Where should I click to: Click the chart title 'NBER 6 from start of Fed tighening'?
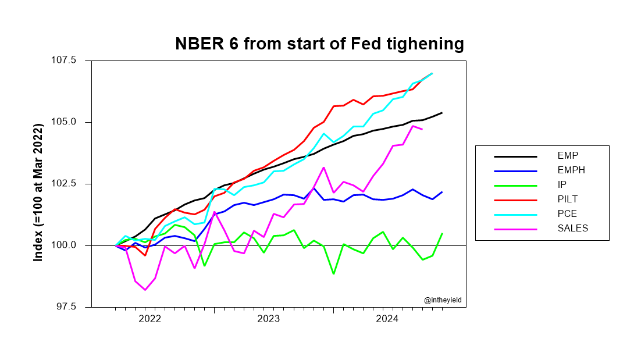click(320, 44)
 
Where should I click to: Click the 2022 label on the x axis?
click(149, 319)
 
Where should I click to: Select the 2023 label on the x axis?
click(269, 319)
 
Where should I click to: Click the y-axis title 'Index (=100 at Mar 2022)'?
click(38, 184)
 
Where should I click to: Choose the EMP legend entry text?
click(567, 155)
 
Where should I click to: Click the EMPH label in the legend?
click(570, 170)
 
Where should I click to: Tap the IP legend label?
click(562, 184)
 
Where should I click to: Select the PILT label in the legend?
click(567, 199)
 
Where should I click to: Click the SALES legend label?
click(572, 228)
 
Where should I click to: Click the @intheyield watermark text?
click(443, 300)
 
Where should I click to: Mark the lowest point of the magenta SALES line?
click(145, 290)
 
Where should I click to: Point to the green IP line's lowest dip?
click(333, 273)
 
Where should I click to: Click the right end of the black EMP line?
click(442, 113)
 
